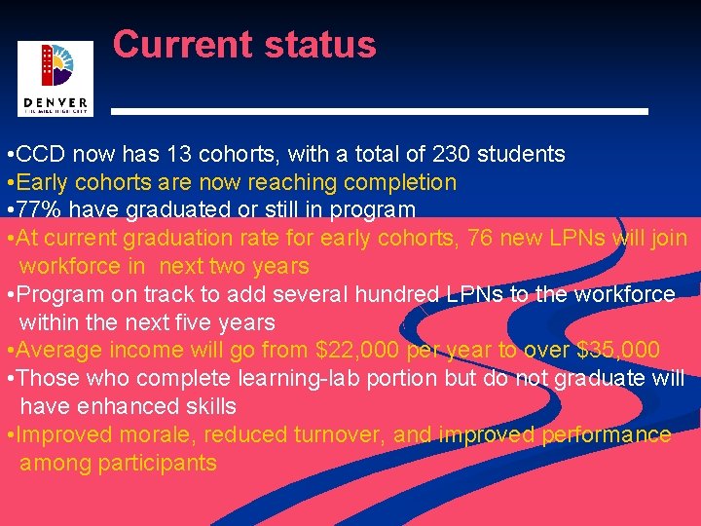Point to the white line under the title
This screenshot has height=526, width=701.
(379, 112)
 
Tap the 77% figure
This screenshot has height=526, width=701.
(40, 210)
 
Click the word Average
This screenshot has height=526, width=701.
(59, 351)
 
